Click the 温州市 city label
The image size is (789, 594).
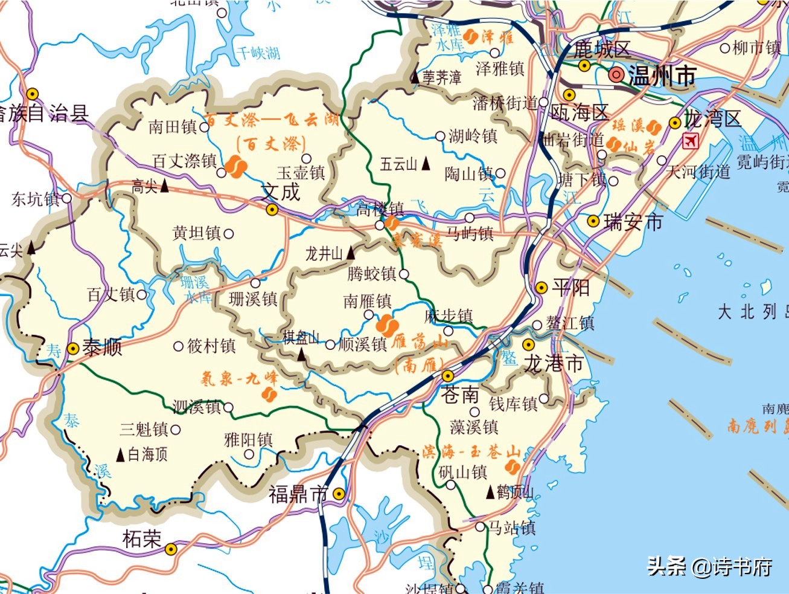click(x=662, y=76)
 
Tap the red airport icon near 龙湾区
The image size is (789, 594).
click(x=689, y=141)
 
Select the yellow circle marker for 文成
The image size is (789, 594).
click(x=272, y=210)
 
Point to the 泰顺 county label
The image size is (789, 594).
click(x=102, y=348)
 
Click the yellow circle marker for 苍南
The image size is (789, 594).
click(x=448, y=376)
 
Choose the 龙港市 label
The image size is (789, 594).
click(x=553, y=363)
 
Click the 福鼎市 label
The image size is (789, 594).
click(x=298, y=494)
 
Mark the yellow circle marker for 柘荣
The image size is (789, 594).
click(x=171, y=549)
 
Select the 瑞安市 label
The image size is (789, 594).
click(x=633, y=222)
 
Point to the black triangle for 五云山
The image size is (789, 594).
click(x=426, y=163)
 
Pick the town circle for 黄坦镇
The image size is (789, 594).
click(x=229, y=233)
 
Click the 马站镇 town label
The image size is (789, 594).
click(x=512, y=528)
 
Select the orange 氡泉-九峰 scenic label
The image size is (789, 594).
click(x=239, y=379)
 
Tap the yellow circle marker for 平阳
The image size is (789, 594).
click(x=541, y=288)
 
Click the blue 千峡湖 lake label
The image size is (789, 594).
click(x=258, y=53)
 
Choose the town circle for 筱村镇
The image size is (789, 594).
click(x=178, y=346)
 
